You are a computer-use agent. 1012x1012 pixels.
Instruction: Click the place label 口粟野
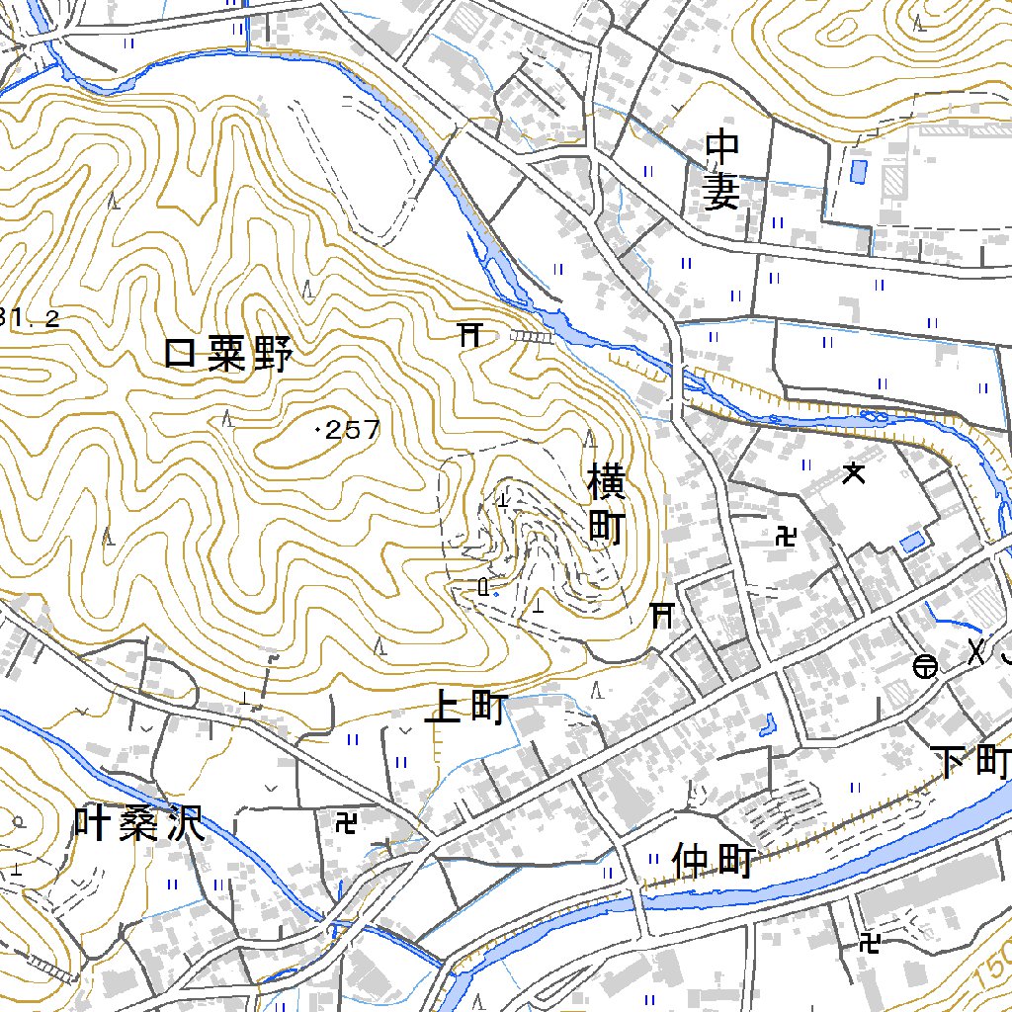click(x=228, y=354)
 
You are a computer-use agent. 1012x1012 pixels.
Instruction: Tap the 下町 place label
click(x=972, y=762)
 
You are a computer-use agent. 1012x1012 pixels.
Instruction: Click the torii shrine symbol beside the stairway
click(x=469, y=335)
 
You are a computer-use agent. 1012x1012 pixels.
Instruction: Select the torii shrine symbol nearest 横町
click(x=661, y=616)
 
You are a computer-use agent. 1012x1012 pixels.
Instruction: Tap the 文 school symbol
click(x=854, y=474)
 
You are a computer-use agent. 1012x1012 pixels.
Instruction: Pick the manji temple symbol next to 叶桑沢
click(x=346, y=821)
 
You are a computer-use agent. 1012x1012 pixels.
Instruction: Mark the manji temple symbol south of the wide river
click(x=870, y=942)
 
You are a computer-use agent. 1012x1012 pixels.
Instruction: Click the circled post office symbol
click(x=924, y=668)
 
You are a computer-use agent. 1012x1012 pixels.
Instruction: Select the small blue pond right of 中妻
click(x=857, y=170)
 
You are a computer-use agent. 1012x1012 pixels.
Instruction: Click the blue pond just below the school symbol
click(x=912, y=542)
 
